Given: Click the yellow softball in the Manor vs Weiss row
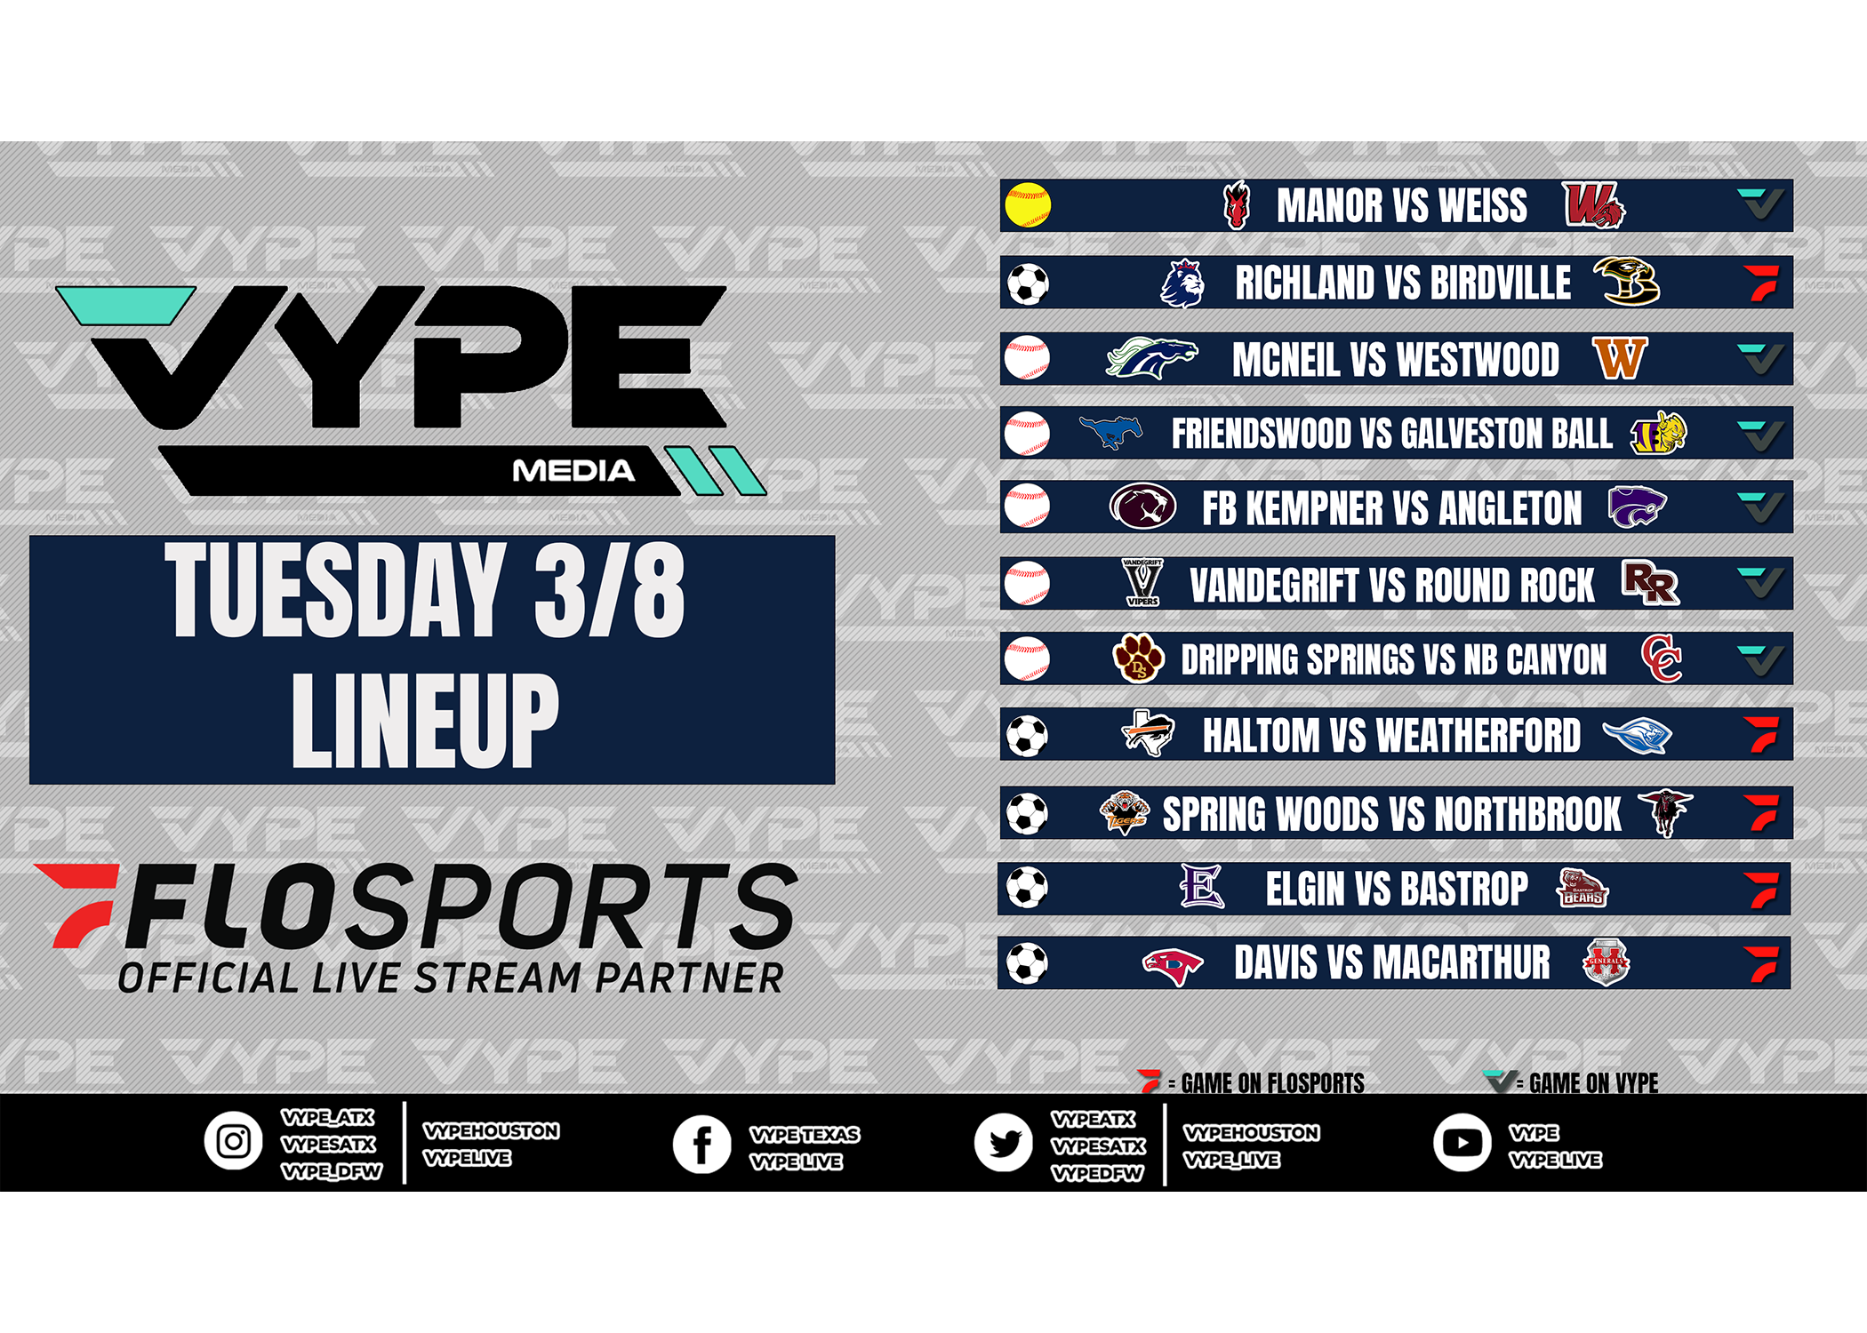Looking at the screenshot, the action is tap(1028, 205).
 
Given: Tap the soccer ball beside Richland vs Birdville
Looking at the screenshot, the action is tap(1028, 284).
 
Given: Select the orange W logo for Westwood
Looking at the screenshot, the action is tap(1620, 358).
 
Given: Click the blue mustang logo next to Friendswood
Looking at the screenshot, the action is tap(1111, 432).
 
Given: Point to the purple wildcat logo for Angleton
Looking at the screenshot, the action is tap(1637, 507).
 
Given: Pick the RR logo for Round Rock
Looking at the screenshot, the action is tap(1651, 583).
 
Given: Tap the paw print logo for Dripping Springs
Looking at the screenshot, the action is tap(1138, 659).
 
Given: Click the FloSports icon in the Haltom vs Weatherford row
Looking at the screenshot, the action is tap(1761, 735).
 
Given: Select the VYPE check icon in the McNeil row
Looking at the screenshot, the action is tap(1760, 358).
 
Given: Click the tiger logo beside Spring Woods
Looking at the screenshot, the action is tap(1125, 812).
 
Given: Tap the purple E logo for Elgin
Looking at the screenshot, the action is tap(1201, 886).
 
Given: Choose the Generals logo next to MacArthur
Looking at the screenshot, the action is tap(1606, 962).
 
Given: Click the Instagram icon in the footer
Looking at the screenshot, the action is tap(233, 1141).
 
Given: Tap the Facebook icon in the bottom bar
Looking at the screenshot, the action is tap(701, 1144).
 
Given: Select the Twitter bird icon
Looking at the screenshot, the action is tap(1003, 1143).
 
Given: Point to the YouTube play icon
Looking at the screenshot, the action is tap(1462, 1143).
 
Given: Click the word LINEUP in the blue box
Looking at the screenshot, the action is tap(425, 720).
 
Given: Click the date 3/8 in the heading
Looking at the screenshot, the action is tap(610, 591).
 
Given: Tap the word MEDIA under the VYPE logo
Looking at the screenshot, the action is tap(573, 471).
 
